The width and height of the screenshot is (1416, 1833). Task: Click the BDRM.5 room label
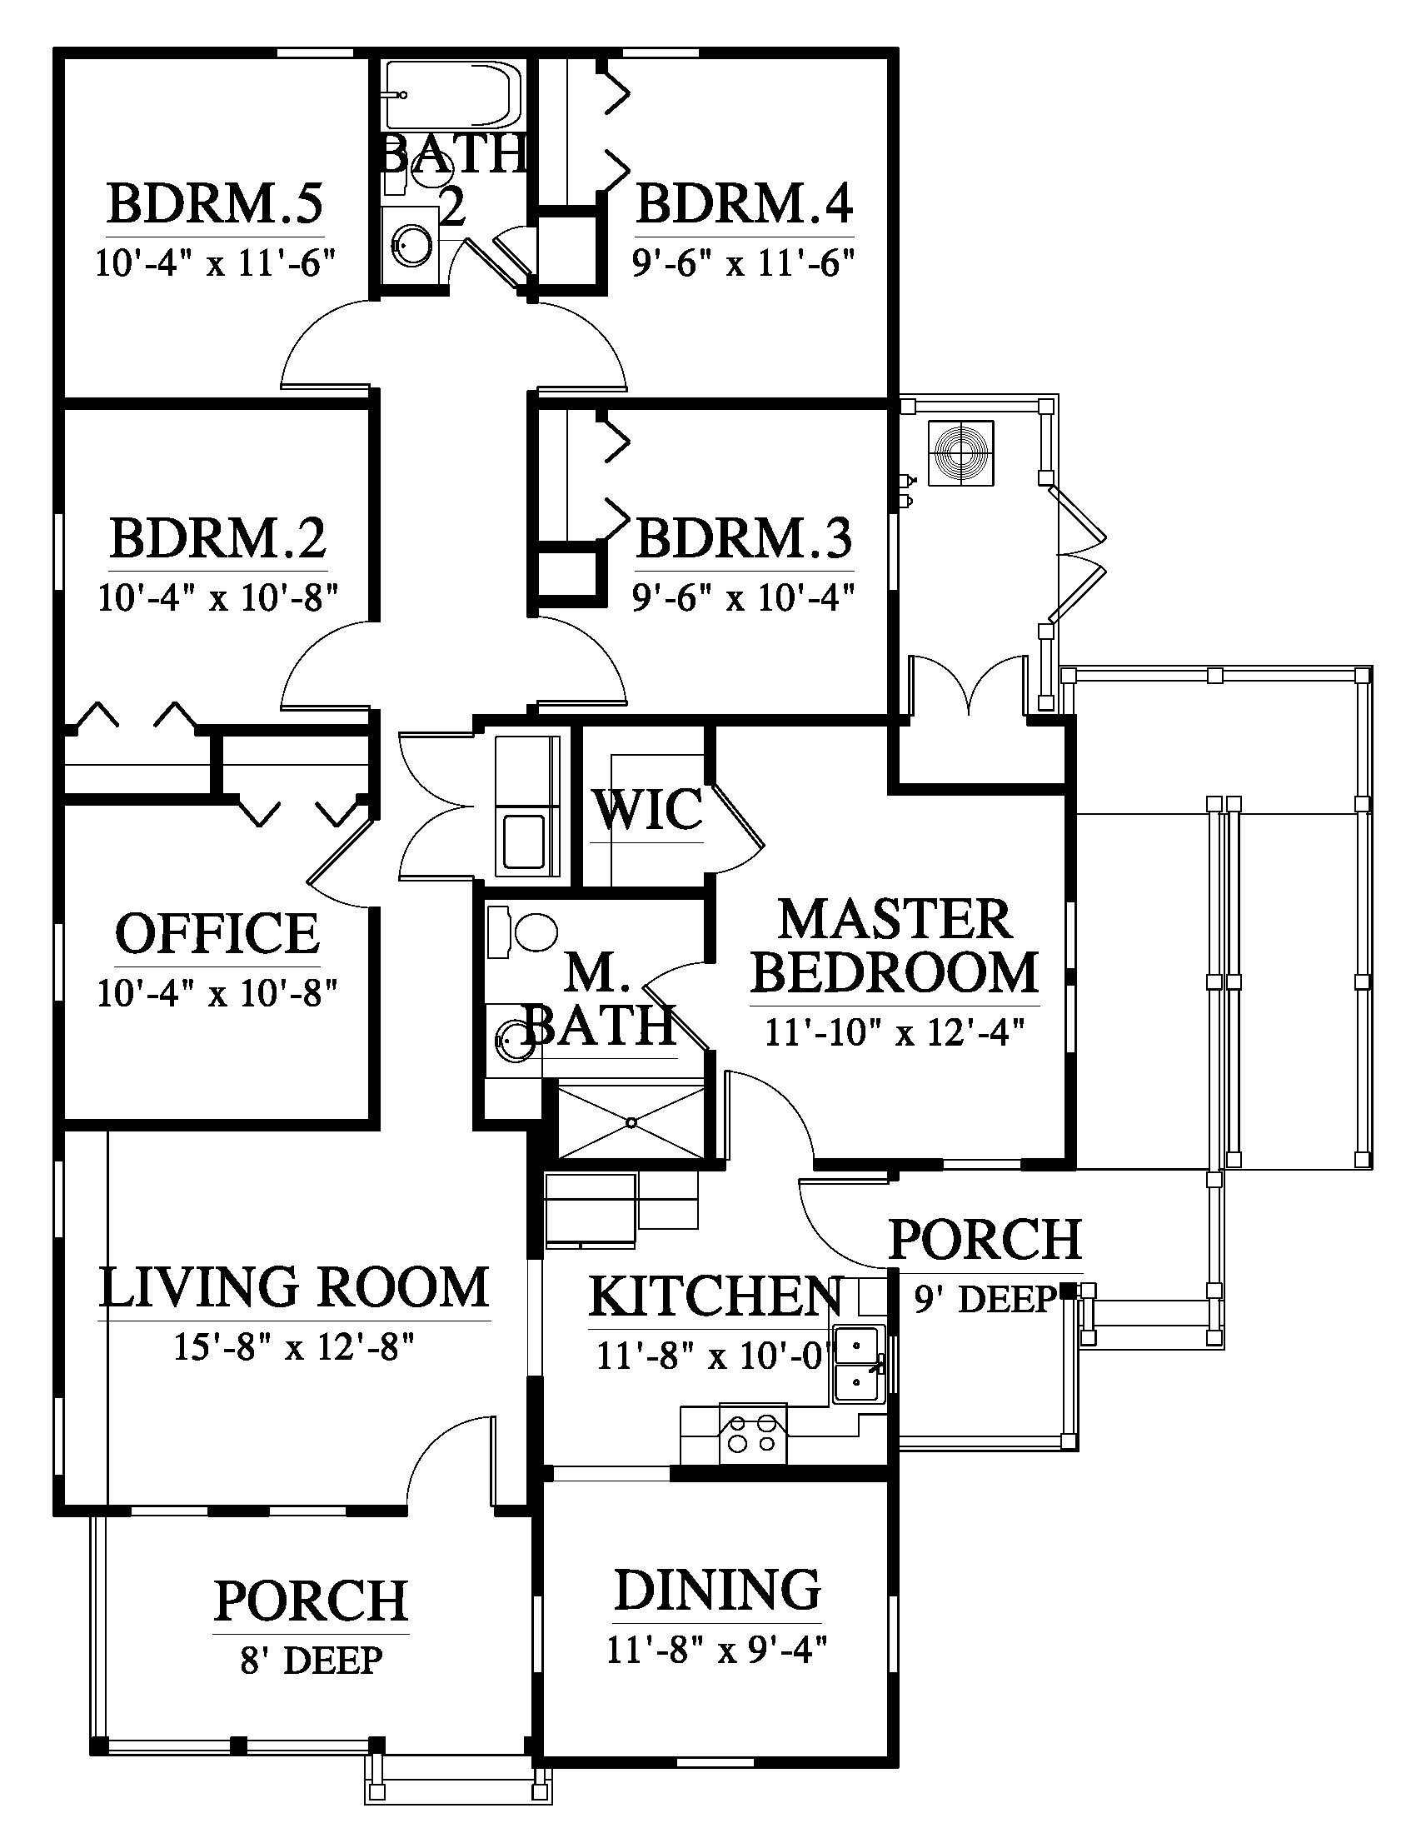click(x=215, y=204)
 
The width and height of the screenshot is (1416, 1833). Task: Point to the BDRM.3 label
click(x=744, y=538)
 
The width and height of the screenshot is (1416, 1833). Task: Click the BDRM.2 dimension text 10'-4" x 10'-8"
click(x=217, y=598)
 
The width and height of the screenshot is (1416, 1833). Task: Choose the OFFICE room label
click(x=217, y=934)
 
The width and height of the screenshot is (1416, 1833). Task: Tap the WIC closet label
click(x=647, y=810)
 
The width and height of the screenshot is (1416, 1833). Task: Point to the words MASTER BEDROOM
click(x=895, y=945)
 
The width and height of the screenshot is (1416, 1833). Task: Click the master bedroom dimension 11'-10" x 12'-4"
click(x=895, y=1032)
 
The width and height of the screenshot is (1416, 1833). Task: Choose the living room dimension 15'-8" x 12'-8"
click(x=294, y=1347)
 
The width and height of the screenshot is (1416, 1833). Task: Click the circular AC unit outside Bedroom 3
click(x=961, y=453)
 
